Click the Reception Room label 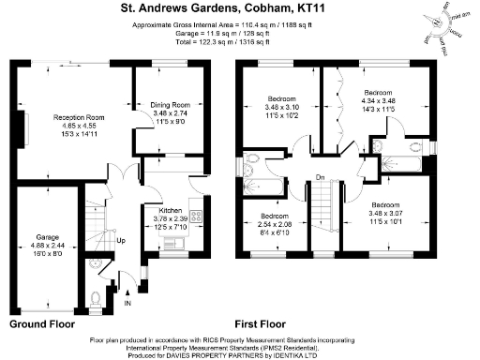pos(78,117)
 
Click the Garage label pos(48,237)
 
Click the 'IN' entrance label pos(129,304)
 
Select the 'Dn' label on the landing pos(320,177)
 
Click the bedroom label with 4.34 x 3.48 pos(378,93)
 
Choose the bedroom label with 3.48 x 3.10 pos(281,98)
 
